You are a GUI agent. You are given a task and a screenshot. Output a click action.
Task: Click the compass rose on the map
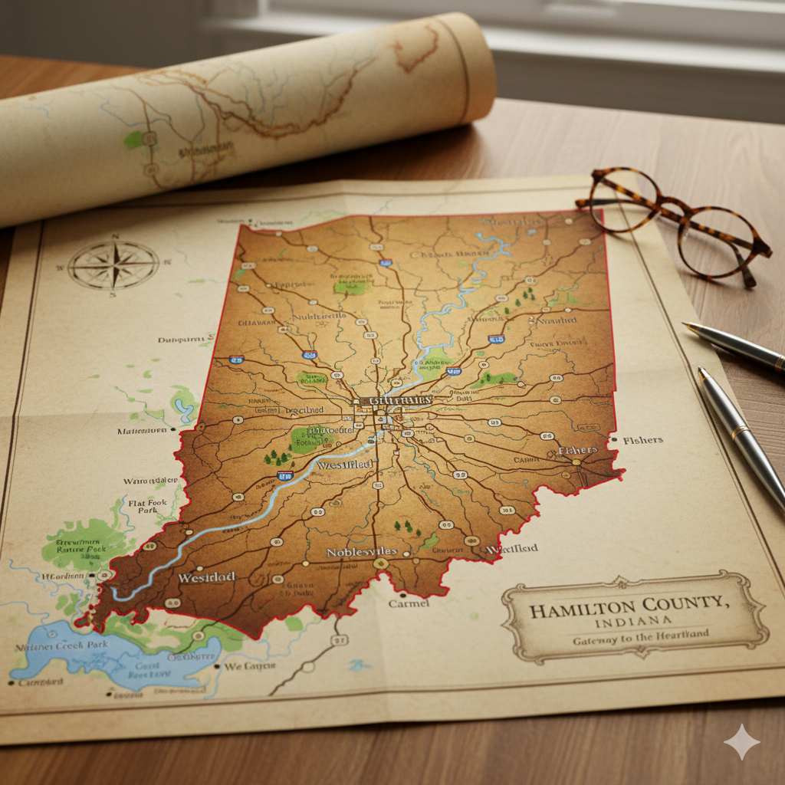tap(113, 265)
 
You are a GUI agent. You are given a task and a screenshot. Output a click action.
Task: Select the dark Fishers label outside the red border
tap(643, 441)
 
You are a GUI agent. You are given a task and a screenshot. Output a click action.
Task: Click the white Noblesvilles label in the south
tap(361, 552)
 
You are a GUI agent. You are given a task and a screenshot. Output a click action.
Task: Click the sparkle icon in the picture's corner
tap(741, 741)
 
